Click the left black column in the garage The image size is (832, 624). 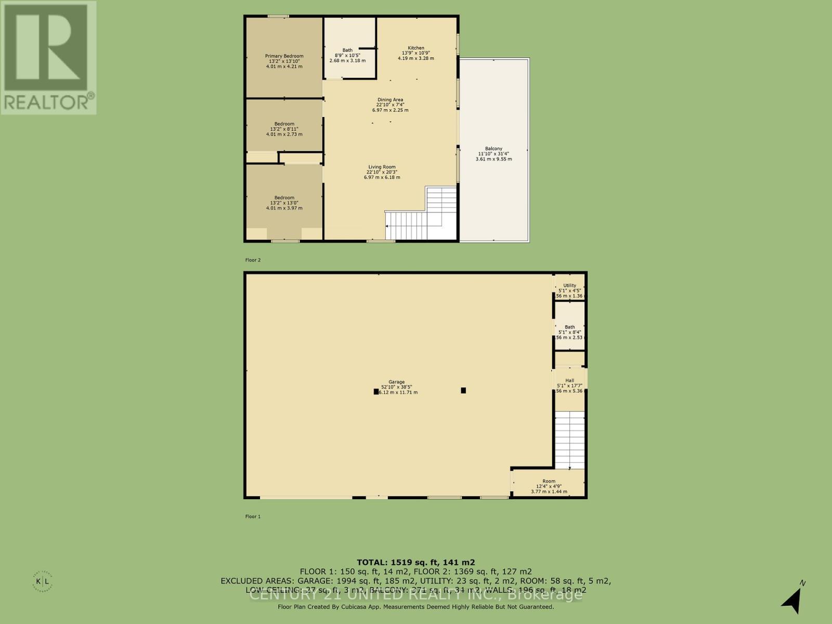tap(376, 392)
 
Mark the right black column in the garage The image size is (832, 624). tap(463, 390)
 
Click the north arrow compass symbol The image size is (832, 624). tap(792, 601)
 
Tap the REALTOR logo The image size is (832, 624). tap(48, 57)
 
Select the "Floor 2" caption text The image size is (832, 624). tap(253, 259)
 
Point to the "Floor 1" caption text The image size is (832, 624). tap(253, 516)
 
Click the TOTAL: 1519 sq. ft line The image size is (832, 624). tap(415, 562)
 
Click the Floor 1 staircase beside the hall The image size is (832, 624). tap(569, 439)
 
